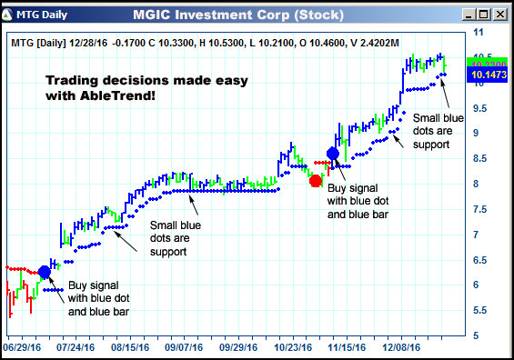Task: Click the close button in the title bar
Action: click(x=500, y=15)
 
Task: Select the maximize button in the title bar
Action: click(x=485, y=15)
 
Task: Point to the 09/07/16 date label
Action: click(x=185, y=346)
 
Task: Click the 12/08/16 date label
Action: click(x=401, y=346)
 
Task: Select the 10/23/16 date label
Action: click(x=293, y=346)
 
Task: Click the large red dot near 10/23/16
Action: click(x=316, y=180)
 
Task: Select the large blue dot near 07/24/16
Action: click(x=45, y=272)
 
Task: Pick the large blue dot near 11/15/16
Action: click(x=333, y=154)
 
